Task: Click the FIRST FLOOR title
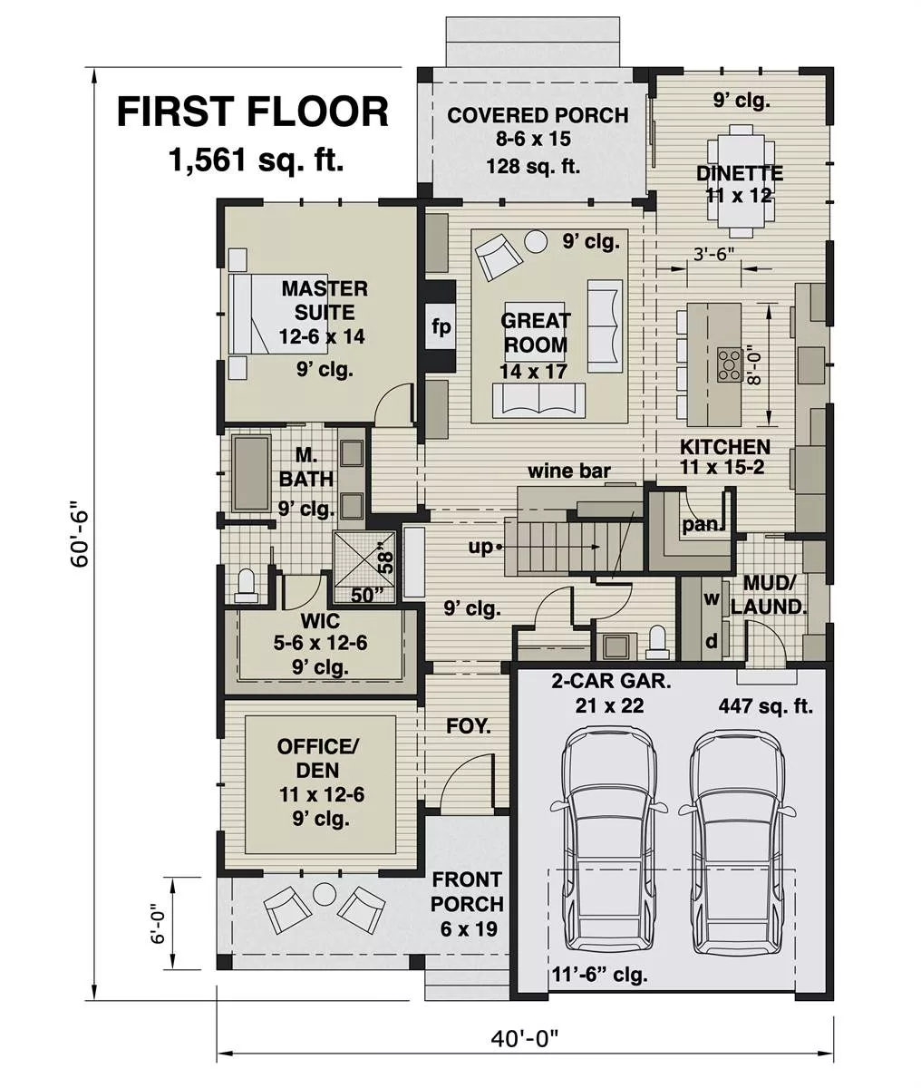pos(253,112)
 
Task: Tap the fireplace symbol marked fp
pos(441,327)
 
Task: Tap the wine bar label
pos(569,471)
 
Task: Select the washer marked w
pos(712,600)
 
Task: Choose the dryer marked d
pos(712,641)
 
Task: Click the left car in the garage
pos(607,843)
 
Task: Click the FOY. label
pos(469,726)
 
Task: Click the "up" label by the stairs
pos(480,547)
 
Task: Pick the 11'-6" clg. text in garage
pos(599,975)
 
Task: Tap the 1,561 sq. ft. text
pos(257,160)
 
